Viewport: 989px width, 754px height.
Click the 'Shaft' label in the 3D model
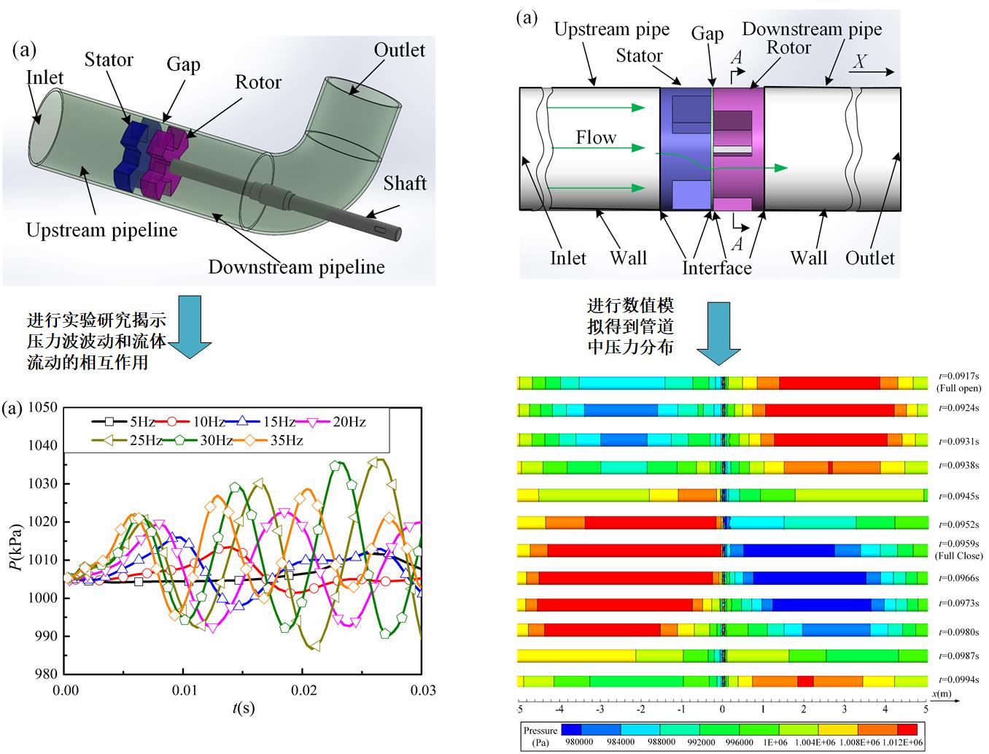[405, 182]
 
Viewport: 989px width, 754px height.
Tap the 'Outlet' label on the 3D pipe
[399, 50]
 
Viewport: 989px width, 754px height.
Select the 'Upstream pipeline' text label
[102, 231]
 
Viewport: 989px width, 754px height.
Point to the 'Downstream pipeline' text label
[296, 267]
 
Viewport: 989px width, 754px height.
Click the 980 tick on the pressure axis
[46, 674]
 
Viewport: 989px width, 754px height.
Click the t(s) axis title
[244, 707]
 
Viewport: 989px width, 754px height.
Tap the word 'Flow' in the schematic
[596, 138]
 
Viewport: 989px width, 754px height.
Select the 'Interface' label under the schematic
[716, 268]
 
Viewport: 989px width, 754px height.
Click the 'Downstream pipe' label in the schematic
[812, 30]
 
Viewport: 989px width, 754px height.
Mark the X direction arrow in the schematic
[872, 72]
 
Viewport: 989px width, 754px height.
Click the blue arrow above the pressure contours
[719, 333]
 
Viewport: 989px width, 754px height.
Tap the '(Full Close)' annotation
[959, 555]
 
